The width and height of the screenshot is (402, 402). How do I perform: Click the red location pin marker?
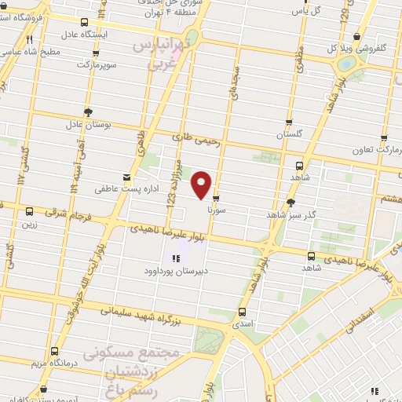[x=203, y=185]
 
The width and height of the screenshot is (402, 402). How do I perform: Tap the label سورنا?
[x=216, y=210]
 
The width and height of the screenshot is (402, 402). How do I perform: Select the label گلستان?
[x=289, y=134]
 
